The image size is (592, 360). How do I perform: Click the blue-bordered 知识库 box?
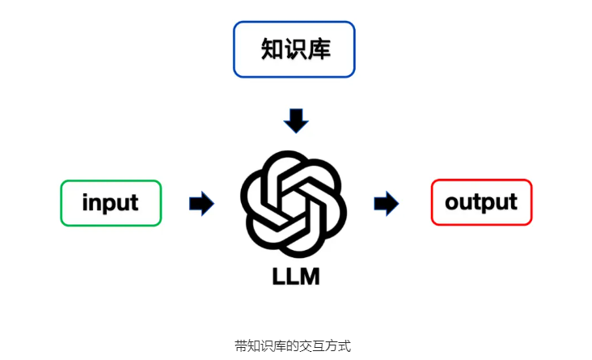click(x=294, y=49)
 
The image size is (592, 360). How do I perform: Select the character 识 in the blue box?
click(x=295, y=49)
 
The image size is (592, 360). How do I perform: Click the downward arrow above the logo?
click(x=296, y=120)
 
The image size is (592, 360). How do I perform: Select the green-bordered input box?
click(x=111, y=202)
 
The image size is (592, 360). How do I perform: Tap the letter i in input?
click(x=86, y=201)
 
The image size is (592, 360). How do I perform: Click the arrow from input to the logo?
click(x=201, y=203)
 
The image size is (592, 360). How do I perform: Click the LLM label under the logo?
click(x=295, y=276)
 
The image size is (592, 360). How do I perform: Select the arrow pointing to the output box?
click(x=387, y=203)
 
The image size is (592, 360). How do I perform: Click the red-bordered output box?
click(x=481, y=202)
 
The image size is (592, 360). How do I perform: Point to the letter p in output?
click(x=490, y=204)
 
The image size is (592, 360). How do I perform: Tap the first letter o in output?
click(x=453, y=202)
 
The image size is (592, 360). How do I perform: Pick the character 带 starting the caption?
click(x=240, y=345)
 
